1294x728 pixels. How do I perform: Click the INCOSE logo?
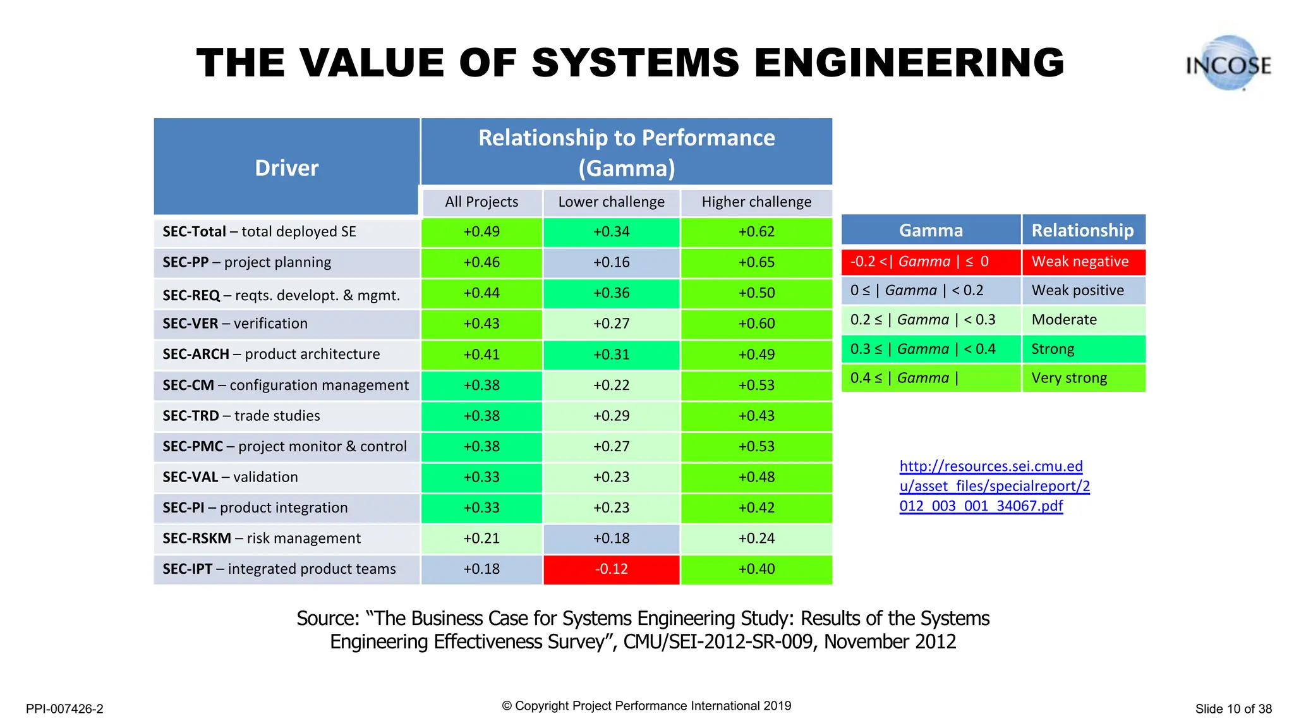pos(1228,64)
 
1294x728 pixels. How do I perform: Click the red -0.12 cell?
pos(611,569)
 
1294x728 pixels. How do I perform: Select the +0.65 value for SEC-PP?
pos(756,263)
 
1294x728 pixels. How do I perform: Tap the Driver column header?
pos(286,167)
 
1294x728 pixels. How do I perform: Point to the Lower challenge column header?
pos(611,202)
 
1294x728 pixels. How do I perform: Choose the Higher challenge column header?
pos(756,202)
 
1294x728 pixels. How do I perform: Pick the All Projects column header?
pos(481,202)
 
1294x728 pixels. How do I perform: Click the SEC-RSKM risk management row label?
pos(262,538)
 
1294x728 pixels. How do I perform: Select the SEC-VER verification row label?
pos(235,324)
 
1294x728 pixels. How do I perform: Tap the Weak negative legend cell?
pos(1083,262)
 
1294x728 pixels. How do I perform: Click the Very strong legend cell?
pos(1083,378)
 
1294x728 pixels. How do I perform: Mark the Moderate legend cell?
pos(1083,320)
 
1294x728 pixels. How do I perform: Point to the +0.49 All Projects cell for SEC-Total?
pos(481,232)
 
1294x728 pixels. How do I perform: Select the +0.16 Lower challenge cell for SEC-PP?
pos(611,263)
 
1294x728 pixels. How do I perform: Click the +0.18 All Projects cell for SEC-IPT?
pos(481,569)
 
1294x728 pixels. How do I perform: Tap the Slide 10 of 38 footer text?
pos(1233,709)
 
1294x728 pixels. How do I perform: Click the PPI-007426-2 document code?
pos(64,709)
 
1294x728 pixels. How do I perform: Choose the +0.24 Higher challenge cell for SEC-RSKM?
pos(756,538)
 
